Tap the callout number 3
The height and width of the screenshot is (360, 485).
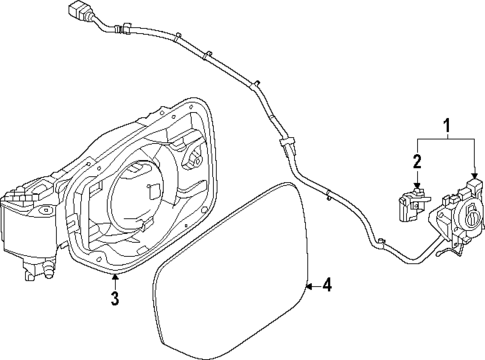pyautogui.click(x=114, y=299)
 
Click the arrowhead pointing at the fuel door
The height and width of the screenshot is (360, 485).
pyautogui.click(x=311, y=286)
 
